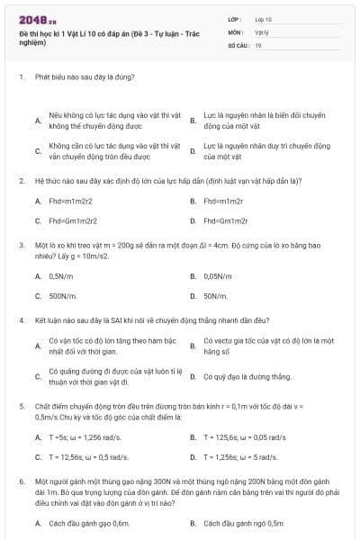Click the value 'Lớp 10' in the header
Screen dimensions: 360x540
click(x=263, y=18)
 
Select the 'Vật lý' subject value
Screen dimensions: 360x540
click(x=261, y=31)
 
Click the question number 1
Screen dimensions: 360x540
click(x=21, y=77)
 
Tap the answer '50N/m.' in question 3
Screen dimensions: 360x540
click(x=215, y=295)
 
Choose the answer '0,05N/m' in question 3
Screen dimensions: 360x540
click(x=219, y=277)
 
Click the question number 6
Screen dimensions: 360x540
click(x=21, y=483)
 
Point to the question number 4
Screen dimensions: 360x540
click(x=21, y=320)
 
